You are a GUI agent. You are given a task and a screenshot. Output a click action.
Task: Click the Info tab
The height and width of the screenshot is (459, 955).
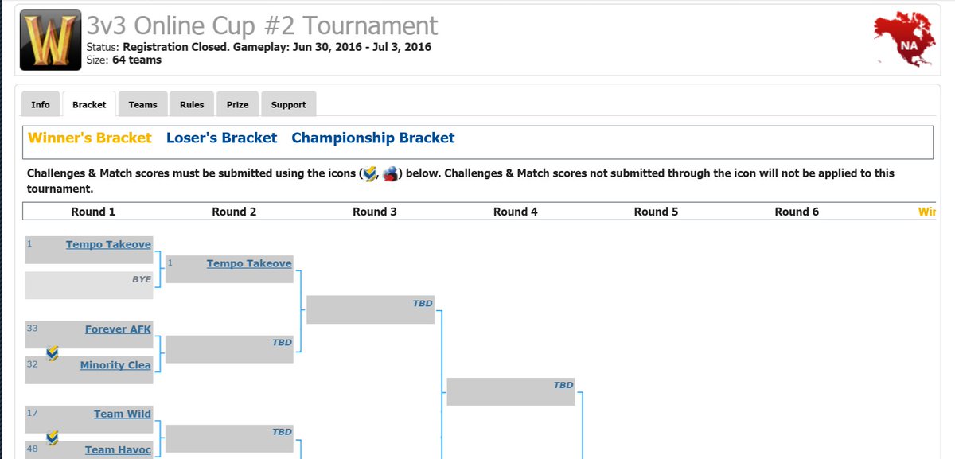[41, 105]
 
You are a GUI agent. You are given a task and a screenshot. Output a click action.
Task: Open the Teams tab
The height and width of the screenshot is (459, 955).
[143, 105]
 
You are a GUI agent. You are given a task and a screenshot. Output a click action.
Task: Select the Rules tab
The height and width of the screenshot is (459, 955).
[192, 105]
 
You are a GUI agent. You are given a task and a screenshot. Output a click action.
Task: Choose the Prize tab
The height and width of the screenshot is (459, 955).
[237, 105]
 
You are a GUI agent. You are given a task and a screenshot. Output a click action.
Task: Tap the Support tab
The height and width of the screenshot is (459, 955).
[288, 105]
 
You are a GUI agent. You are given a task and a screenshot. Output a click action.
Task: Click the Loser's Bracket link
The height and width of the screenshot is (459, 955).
[221, 138]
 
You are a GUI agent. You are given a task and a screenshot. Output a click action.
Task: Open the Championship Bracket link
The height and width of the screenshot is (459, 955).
[372, 138]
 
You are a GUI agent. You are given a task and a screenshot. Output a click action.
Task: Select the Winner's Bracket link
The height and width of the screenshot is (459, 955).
[89, 138]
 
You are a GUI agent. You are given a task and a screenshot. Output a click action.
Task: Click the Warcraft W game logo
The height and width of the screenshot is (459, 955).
[49, 40]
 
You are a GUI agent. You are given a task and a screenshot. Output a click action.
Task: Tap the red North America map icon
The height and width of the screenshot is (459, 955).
[904, 40]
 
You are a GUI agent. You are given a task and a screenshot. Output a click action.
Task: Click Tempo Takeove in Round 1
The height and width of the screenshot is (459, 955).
[108, 245]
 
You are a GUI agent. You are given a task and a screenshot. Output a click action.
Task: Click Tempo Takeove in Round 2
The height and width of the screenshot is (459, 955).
[249, 263]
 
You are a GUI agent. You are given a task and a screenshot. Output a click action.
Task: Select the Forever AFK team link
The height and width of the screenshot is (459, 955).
[118, 329]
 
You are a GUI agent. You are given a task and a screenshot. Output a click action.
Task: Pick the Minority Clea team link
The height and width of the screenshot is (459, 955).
[115, 365]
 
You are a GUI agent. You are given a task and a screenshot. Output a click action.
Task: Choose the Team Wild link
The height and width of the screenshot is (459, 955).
[122, 414]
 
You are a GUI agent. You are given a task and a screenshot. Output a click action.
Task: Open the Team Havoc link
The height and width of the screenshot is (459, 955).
[118, 449]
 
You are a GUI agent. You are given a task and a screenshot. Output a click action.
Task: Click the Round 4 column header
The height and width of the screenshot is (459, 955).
[515, 212]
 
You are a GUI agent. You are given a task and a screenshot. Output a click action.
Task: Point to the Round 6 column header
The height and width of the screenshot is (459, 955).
[797, 212]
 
